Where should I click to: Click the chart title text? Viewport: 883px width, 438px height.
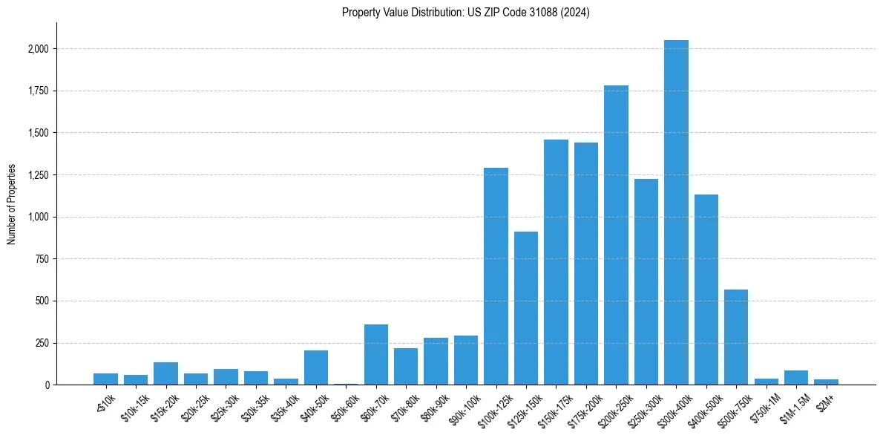click(x=465, y=13)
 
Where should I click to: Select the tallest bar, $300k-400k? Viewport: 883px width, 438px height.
click(x=676, y=212)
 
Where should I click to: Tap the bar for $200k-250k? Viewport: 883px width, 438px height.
click(x=616, y=235)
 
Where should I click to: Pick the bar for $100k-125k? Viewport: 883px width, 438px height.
click(x=496, y=276)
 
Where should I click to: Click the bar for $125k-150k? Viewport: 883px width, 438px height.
click(x=526, y=308)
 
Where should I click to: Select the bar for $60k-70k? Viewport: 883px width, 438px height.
click(x=376, y=355)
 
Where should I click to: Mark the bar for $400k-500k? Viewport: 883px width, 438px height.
click(x=706, y=290)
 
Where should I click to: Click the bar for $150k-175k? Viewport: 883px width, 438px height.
click(x=556, y=262)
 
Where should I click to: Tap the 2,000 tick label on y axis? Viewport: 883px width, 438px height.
click(x=39, y=49)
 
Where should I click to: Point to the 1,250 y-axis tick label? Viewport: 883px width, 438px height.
click(x=39, y=175)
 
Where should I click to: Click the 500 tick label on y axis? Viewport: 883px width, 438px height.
click(x=43, y=301)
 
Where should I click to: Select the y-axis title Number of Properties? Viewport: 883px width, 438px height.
click(x=12, y=204)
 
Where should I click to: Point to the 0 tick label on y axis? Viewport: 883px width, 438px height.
click(x=47, y=385)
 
